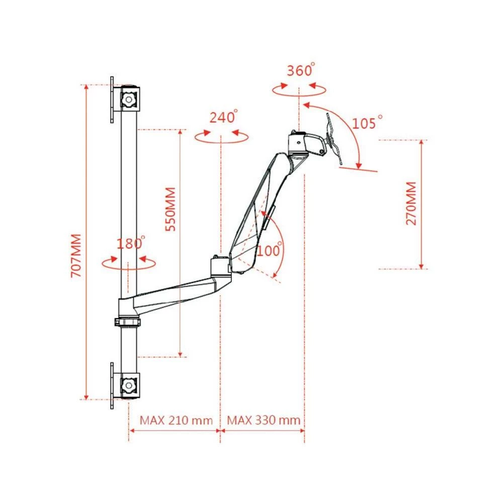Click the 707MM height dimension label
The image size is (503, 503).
point(76,257)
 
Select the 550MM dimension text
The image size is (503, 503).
point(171,209)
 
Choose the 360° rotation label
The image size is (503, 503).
point(300,70)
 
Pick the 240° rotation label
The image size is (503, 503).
point(223,118)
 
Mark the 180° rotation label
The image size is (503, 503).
point(130,244)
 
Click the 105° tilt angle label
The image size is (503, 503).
point(367,122)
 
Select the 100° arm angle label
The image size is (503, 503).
point(270,250)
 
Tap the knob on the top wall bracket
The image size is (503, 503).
point(129,99)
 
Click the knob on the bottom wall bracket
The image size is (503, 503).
point(129,386)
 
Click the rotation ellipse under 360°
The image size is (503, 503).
point(299,89)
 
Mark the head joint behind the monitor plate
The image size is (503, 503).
point(304,144)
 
